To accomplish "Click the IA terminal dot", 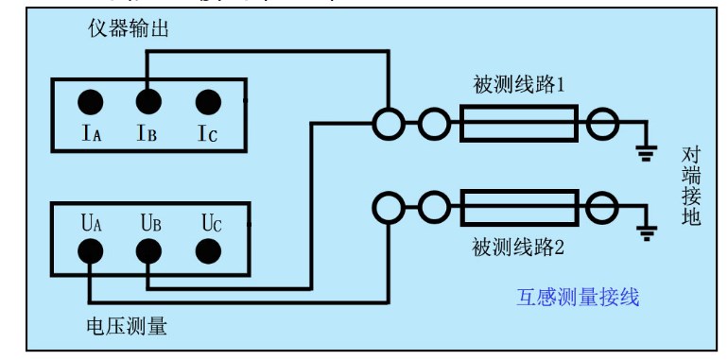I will coord(91,102).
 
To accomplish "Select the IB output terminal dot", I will coord(147,102).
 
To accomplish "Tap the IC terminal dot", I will coord(208,102).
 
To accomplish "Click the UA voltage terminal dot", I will coord(91,251).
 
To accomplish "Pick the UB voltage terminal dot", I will coord(147,251).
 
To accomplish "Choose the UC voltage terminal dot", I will coord(208,251).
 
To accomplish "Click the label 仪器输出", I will coord(126,30).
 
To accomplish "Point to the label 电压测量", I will coord(126,327).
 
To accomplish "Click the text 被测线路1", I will coord(519,85).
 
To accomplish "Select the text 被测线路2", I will coord(519,249).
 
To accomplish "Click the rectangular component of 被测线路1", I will coord(518,124).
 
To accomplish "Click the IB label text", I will coord(147,134).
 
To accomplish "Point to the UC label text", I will coord(211,224).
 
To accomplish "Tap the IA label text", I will coord(91,134).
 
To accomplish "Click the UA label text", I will coord(91,224).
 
